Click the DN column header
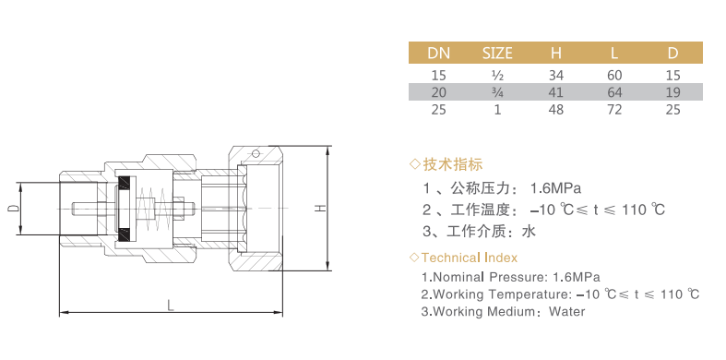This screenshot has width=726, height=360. (x=438, y=54)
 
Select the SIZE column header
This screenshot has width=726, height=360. (x=497, y=54)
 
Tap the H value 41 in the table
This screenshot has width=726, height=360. (x=555, y=92)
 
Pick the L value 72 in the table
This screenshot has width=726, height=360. (x=614, y=110)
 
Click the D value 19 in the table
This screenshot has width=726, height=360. (x=673, y=92)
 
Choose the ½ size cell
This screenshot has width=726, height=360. (x=497, y=75)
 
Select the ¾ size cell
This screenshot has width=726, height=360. (x=497, y=92)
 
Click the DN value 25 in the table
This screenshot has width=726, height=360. (x=438, y=110)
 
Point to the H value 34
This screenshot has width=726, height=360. (x=555, y=75)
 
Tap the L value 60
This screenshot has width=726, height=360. (x=614, y=75)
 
